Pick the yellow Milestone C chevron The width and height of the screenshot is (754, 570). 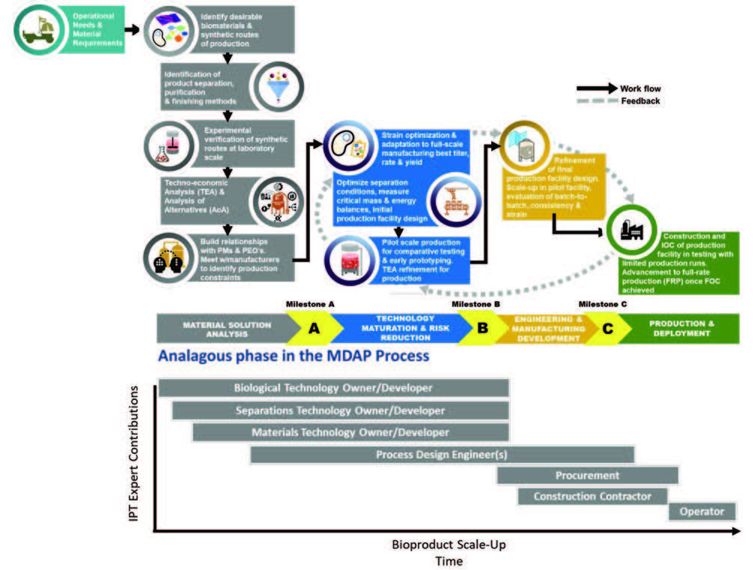point(607,328)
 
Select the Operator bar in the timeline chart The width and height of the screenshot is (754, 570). point(702,512)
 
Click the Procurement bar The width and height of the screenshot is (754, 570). point(587,476)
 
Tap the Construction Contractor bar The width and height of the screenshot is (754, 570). point(592,496)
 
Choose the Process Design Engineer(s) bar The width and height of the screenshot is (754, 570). point(442,455)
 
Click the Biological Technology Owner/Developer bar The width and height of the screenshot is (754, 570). point(333,388)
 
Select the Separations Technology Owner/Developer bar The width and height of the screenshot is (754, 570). point(340,410)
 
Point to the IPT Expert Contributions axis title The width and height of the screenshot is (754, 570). point(135,458)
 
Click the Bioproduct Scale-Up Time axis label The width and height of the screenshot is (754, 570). point(443,552)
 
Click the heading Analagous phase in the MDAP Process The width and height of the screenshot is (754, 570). point(293,356)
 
